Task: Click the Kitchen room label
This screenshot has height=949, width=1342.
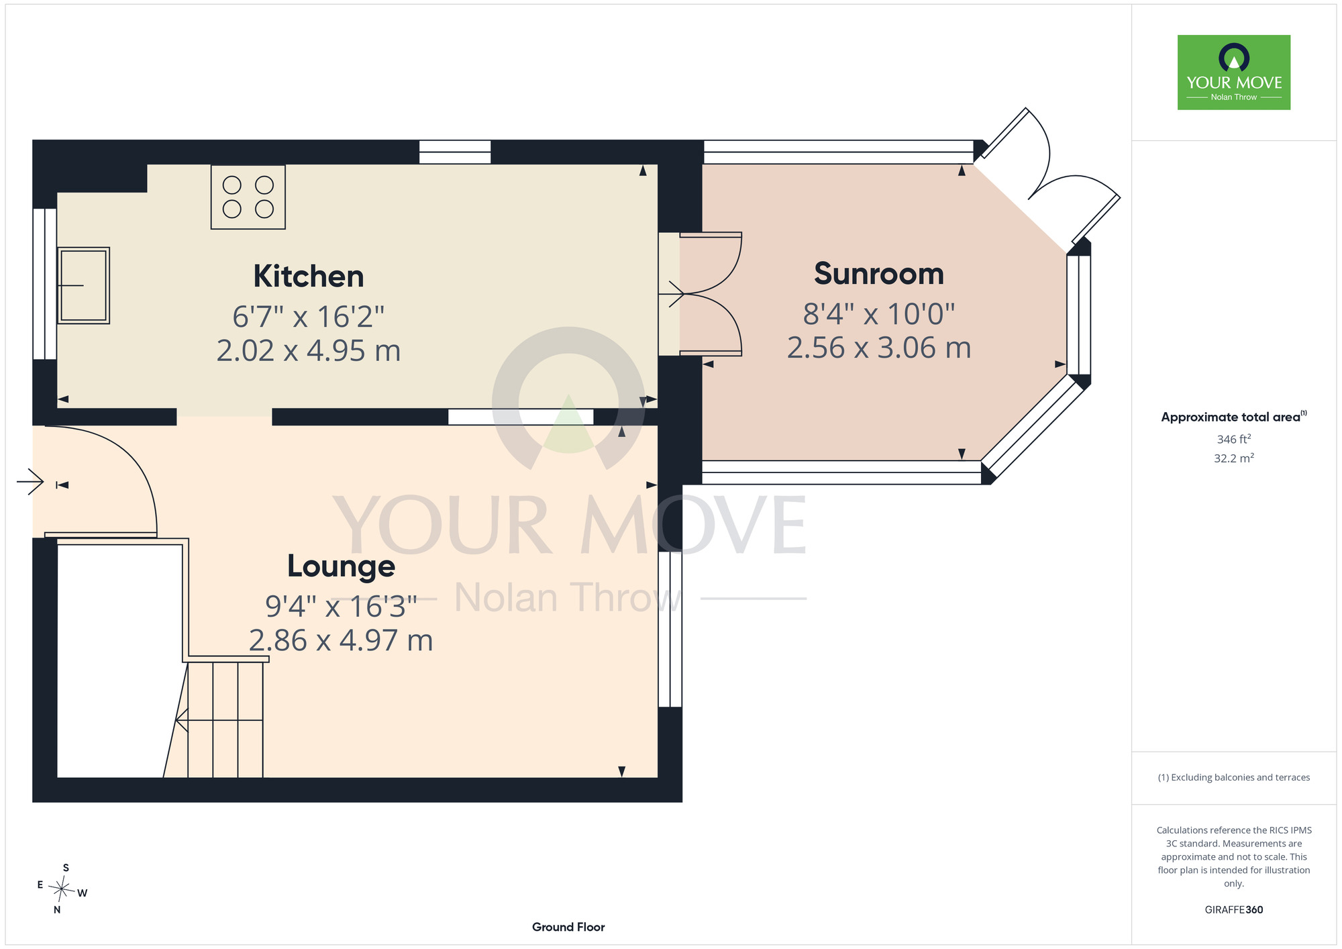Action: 309,277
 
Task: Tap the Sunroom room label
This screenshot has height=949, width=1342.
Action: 879,274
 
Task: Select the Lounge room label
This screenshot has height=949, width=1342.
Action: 341,566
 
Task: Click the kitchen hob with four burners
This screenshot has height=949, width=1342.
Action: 248,197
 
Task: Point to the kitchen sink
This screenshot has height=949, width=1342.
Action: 84,286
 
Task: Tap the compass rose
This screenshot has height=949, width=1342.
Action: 62,890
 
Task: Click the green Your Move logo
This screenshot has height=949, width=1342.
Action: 1234,72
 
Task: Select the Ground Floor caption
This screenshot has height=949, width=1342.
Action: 568,927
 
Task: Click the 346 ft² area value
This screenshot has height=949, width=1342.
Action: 1234,439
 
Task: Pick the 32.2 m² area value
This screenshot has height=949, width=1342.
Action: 1234,458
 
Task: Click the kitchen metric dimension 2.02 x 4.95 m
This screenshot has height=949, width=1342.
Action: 309,351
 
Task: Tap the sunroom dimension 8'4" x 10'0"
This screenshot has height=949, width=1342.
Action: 879,314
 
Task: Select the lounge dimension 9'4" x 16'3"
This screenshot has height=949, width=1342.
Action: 341,607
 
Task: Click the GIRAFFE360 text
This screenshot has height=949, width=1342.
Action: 1234,910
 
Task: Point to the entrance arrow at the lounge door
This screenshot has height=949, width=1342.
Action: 30,482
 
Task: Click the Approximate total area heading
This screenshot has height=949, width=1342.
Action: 1234,417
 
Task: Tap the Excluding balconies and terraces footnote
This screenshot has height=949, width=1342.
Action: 1234,777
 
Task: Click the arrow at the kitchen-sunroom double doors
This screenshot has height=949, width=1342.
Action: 671,293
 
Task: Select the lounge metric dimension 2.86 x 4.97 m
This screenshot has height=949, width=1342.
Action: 341,641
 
